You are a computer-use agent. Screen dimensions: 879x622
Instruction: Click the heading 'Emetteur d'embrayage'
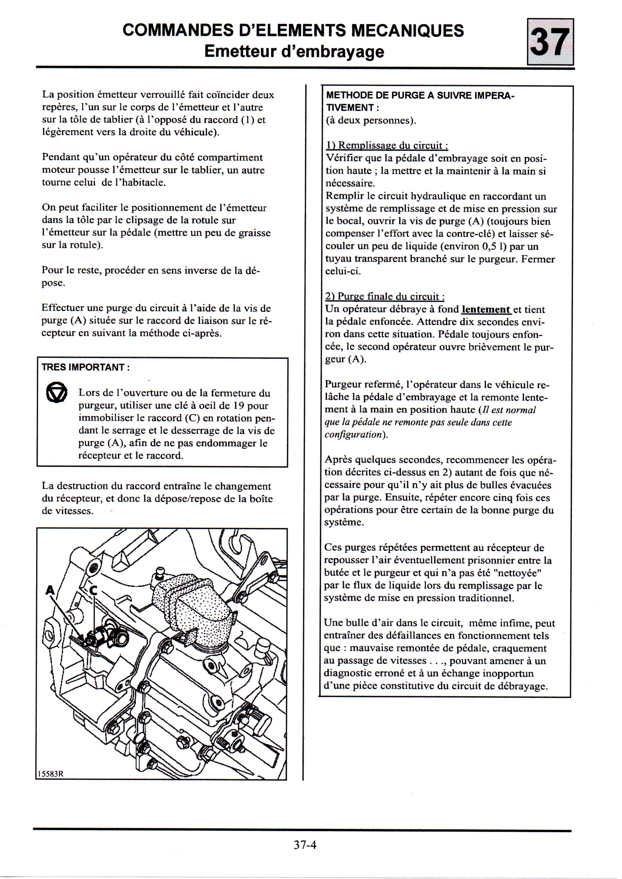pyautogui.click(x=294, y=51)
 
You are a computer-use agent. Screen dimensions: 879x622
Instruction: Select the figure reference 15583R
pyautogui.click(x=50, y=774)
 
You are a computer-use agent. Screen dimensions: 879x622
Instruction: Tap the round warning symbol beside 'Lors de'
pyautogui.click(x=57, y=393)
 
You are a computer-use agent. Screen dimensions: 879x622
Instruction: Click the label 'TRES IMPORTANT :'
pyautogui.click(x=85, y=367)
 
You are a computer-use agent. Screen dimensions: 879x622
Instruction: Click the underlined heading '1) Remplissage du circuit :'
pyautogui.click(x=387, y=145)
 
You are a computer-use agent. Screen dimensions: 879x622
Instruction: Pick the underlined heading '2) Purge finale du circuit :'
pyautogui.click(x=385, y=297)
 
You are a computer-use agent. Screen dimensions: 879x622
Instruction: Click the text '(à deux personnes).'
pyautogui.click(x=371, y=121)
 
